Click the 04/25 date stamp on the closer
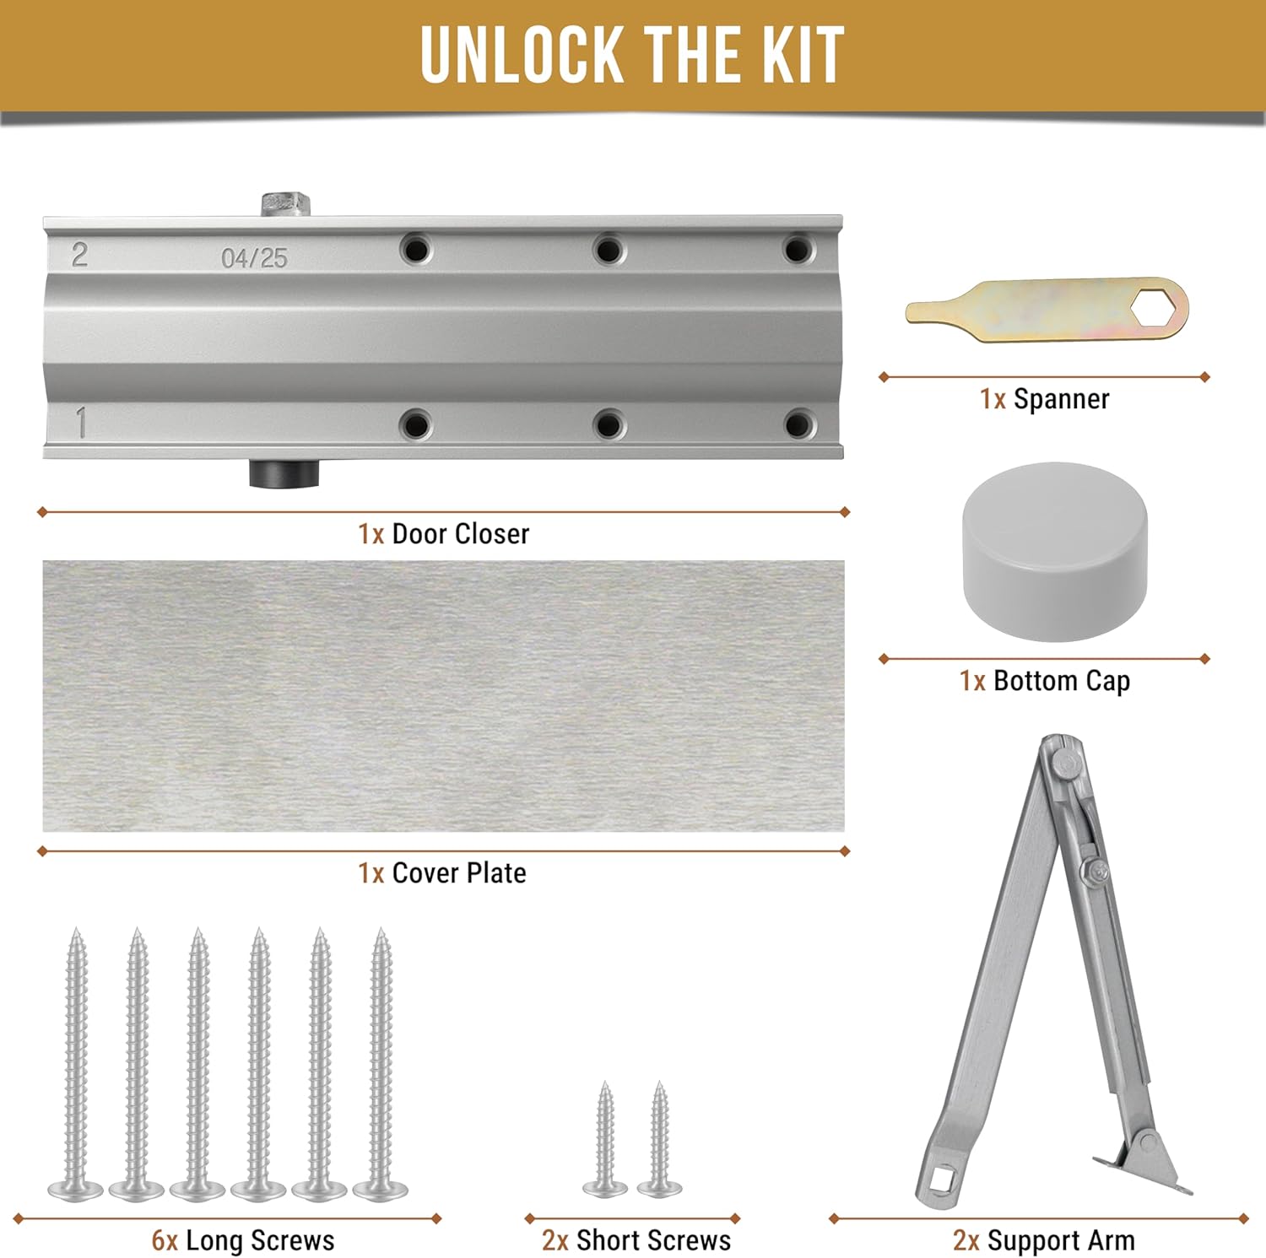pyautogui.click(x=254, y=258)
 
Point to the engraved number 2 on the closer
pyautogui.click(x=79, y=255)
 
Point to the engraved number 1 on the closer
pyautogui.click(x=81, y=423)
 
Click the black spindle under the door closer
pyautogui.click(x=284, y=473)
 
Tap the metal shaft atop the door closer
pyautogui.click(x=284, y=203)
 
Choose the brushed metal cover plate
pyautogui.click(x=443, y=696)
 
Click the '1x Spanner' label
pyautogui.click(x=1044, y=399)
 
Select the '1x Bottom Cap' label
pyautogui.click(x=1044, y=681)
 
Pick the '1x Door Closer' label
pyautogui.click(x=443, y=534)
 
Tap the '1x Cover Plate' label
pyautogui.click(x=441, y=873)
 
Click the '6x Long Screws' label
pyautogui.click(x=243, y=1241)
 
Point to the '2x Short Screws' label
pyautogui.click(x=636, y=1241)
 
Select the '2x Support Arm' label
pyautogui.click(x=1044, y=1241)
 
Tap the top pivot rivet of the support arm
pyautogui.click(x=1065, y=764)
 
